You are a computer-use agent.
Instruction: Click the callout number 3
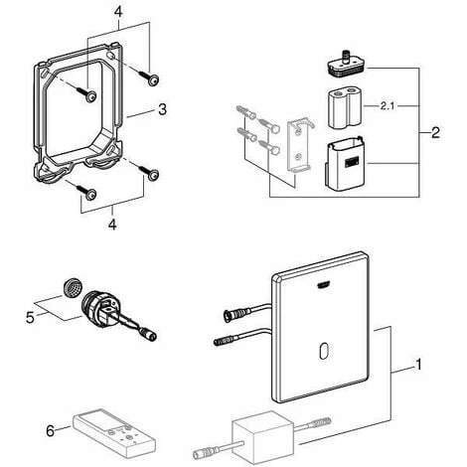click(162, 109)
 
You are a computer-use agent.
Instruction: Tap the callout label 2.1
click(388, 106)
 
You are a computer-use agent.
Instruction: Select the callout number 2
click(435, 132)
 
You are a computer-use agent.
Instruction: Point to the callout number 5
click(30, 318)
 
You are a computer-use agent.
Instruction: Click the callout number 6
click(51, 431)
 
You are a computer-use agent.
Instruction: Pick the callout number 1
click(418, 365)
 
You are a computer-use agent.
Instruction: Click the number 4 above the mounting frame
click(118, 12)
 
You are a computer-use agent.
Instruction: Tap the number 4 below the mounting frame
click(112, 225)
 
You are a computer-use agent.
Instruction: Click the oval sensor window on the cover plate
click(324, 352)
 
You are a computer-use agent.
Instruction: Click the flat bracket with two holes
click(299, 146)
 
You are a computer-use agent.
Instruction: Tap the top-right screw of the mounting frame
click(150, 78)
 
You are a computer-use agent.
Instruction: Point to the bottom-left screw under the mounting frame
click(87, 193)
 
